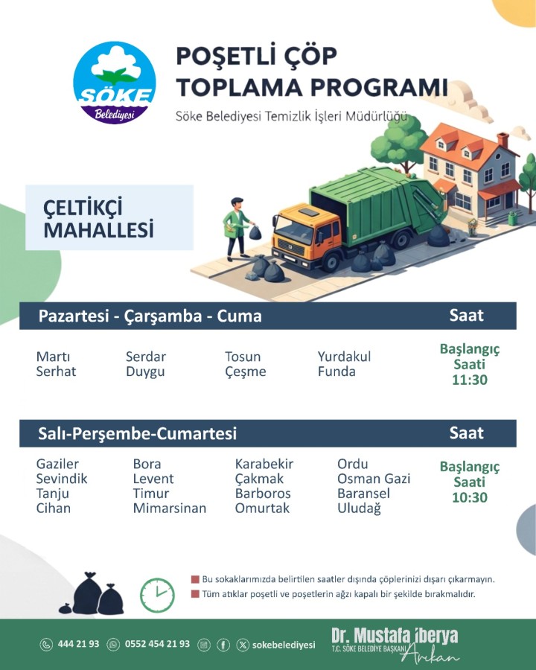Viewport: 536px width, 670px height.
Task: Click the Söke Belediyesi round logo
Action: [114, 83]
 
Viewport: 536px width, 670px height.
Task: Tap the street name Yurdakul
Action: [344, 357]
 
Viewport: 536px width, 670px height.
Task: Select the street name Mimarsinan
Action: [170, 508]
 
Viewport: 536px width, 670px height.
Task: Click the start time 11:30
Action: [470, 380]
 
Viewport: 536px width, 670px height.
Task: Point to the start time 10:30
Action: [470, 497]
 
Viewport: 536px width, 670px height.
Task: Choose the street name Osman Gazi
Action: [374, 479]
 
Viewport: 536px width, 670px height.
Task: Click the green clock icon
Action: [157, 595]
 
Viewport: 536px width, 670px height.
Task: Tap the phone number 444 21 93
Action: [78, 644]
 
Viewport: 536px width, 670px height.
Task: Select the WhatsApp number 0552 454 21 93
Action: [157, 644]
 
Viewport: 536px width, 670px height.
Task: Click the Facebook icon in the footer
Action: [223, 645]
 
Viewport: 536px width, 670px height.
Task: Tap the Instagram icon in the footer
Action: [204, 645]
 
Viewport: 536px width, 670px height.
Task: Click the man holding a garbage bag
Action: [237, 229]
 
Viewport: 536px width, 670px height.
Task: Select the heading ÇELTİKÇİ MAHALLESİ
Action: [98, 218]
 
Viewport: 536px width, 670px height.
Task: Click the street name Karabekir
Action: [264, 464]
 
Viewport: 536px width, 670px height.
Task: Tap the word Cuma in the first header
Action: [240, 316]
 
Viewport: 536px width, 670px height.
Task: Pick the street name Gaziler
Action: [57, 464]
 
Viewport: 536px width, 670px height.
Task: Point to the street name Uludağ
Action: [359, 508]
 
